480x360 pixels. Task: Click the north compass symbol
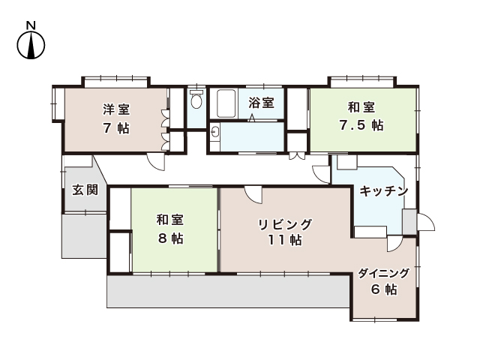[x=31, y=46]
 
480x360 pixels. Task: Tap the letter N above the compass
[x=31, y=25]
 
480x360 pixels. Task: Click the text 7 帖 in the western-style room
[x=115, y=127]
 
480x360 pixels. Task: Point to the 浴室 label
[x=262, y=102]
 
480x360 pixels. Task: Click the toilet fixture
[x=196, y=100]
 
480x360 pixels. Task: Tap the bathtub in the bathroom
[x=226, y=103]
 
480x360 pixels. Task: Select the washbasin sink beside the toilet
[x=216, y=133]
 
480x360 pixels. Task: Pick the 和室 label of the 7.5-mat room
[x=361, y=107]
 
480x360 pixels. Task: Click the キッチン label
[x=383, y=191]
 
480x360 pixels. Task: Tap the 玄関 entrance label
[x=85, y=189]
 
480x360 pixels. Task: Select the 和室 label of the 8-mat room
[x=170, y=220]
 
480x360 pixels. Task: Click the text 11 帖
[x=285, y=241]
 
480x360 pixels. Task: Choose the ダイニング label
[x=383, y=273]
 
